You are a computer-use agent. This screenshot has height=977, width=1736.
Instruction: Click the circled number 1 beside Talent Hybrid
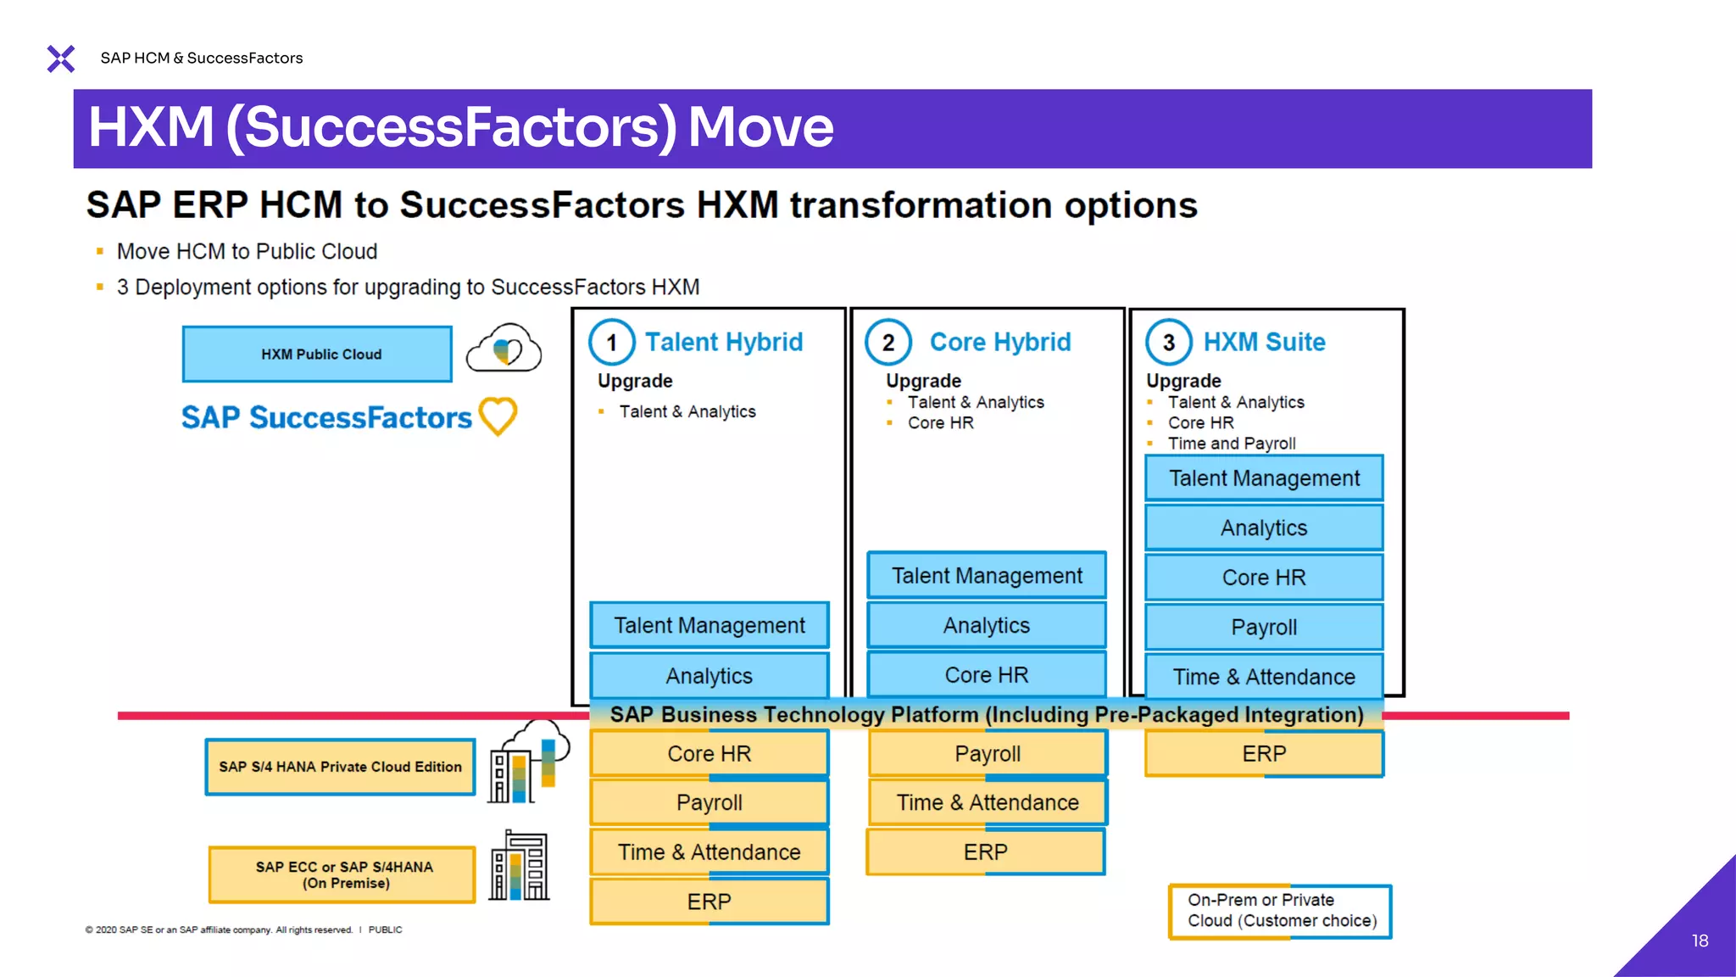pos(611,343)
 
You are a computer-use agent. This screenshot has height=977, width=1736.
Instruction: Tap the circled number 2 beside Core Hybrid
pos(887,343)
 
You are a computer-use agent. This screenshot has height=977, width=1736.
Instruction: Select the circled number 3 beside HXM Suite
pos(1168,343)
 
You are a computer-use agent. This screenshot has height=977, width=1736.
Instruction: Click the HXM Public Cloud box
pos(317,354)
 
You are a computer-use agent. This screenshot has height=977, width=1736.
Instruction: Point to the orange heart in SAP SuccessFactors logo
pos(498,416)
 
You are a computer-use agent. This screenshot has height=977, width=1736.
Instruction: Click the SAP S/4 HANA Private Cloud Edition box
pos(340,767)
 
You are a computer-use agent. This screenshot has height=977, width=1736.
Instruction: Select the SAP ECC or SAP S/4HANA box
pos(342,874)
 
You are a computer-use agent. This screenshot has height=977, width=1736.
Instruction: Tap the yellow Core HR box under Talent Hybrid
pos(709,753)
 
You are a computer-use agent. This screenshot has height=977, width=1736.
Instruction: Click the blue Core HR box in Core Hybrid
pos(986,675)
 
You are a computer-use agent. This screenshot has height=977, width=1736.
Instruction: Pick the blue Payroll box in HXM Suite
pos(1263,627)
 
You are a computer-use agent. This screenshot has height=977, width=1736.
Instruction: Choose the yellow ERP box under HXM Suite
pos(1263,753)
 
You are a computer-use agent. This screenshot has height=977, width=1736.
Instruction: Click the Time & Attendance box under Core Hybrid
pos(987,802)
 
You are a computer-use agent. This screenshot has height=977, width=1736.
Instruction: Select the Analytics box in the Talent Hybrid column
pos(709,676)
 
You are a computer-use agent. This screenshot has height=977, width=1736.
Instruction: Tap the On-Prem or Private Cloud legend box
pos(1280,911)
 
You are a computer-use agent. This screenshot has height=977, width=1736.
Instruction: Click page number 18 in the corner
pos(1700,941)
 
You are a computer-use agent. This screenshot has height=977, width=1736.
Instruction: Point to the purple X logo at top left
pos(61,59)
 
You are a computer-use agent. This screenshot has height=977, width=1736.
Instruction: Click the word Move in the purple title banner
pos(760,127)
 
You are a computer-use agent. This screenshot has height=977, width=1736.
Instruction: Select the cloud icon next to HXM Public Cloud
pos(504,349)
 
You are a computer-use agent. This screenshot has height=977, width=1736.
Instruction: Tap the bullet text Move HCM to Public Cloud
pos(247,252)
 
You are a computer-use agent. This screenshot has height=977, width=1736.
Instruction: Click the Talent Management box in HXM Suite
pos(1263,478)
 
